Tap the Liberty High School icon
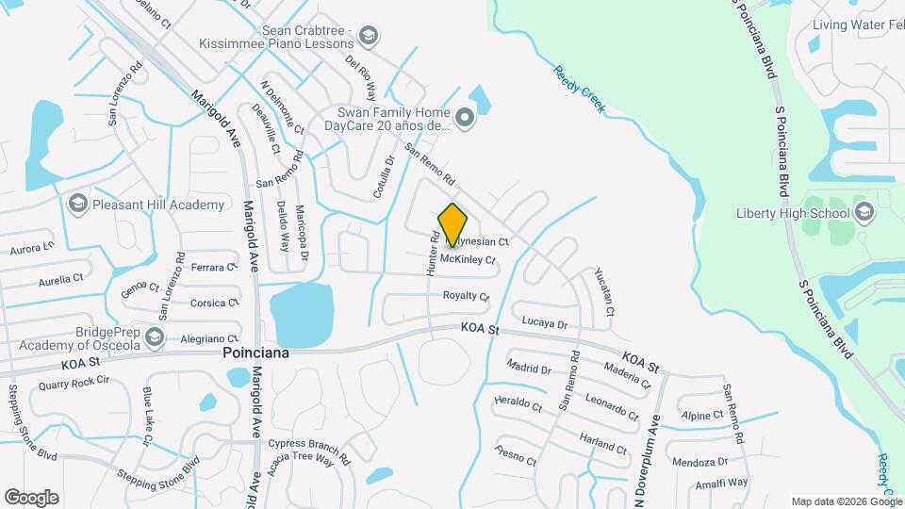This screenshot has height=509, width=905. (864, 213)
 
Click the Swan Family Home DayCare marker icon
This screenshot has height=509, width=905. (464, 118)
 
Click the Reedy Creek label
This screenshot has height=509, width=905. (578, 90)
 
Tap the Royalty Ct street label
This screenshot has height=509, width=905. (467, 296)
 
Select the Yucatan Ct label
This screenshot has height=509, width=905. (604, 291)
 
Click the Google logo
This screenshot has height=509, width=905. (31, 497)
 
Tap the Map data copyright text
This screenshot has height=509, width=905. (845, 501)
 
